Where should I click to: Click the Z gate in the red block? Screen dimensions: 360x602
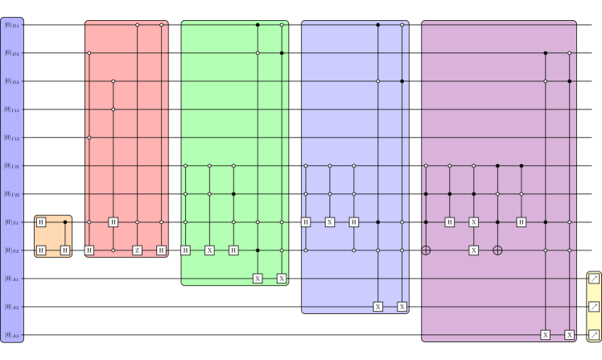tap(138, 250)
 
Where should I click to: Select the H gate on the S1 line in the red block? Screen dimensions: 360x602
tap(113, 222)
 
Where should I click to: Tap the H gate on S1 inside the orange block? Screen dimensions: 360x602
tap(41, 222)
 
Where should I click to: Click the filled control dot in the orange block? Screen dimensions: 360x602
tap(65, 222)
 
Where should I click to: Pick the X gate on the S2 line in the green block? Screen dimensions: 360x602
tap(209, 250)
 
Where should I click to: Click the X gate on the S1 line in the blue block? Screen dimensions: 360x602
tap(330, 222)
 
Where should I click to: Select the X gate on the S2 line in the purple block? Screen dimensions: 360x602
tap(473, 250)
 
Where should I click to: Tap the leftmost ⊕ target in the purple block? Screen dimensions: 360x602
tap(426, 250)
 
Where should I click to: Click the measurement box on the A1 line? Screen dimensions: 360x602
tap(594, 279)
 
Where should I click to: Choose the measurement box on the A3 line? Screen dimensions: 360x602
tap(594, 335)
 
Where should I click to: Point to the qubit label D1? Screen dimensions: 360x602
tap(12, 25)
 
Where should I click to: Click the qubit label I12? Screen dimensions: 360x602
tap(12, 138)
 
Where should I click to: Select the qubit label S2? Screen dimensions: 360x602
tap(12, 250)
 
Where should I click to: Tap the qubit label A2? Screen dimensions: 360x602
tap(12, 307)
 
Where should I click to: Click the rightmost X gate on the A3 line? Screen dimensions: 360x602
tap(570, 335)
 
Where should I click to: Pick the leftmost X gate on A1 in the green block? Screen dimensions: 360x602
tap(258, 279)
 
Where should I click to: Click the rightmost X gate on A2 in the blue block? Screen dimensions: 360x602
tap(402, 307)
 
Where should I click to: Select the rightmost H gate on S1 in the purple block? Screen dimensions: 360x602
tap(522, 222)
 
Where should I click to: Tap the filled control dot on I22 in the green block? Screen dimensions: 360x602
tap(233, 194)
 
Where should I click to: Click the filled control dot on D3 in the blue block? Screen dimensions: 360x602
tap(402, 81)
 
